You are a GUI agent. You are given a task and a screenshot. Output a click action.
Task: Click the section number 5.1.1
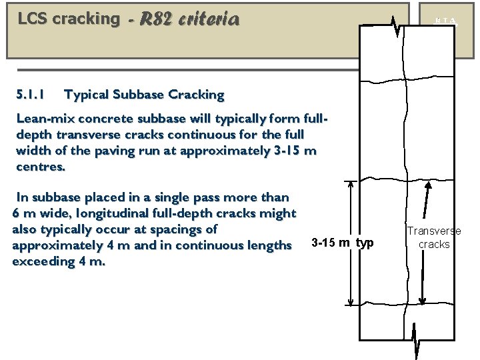point(30,95)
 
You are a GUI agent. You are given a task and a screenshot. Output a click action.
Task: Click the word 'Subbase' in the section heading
point(140,95)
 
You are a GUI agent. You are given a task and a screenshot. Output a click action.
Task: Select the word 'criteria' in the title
point(209,19)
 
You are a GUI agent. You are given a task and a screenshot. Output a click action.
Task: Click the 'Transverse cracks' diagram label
point(434,238)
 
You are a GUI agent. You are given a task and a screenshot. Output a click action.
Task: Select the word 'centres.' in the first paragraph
point(41,167)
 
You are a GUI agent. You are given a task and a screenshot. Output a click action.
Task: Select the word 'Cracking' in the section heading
point(197,95)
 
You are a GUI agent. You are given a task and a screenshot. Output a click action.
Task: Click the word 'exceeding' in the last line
point(41,261)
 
